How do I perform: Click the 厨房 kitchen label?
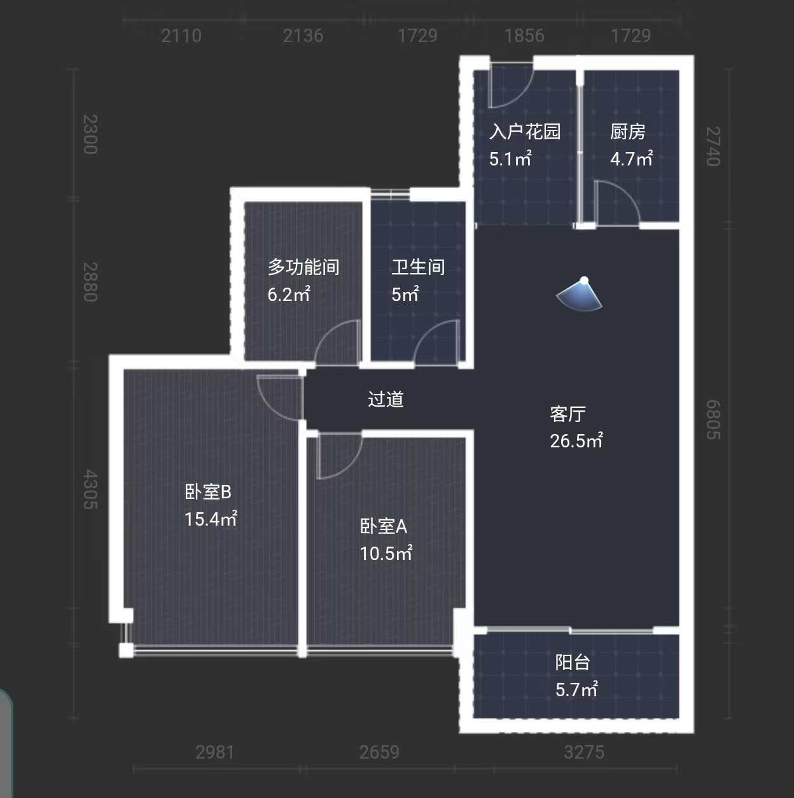627,132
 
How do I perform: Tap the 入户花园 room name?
525,132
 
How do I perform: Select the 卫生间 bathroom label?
418,267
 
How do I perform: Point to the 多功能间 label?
303,267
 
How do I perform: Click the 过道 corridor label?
386,399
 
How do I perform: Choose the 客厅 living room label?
568,414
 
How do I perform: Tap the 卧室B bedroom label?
208,492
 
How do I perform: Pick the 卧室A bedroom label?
384,526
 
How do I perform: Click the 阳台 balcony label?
573,662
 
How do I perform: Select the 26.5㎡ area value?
576,441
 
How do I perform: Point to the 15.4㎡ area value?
211,519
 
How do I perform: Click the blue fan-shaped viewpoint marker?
580,295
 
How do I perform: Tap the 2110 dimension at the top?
181,36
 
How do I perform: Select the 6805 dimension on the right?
713,419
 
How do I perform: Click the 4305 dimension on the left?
90,489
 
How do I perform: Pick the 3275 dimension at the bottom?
584,752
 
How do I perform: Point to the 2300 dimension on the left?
90,134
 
